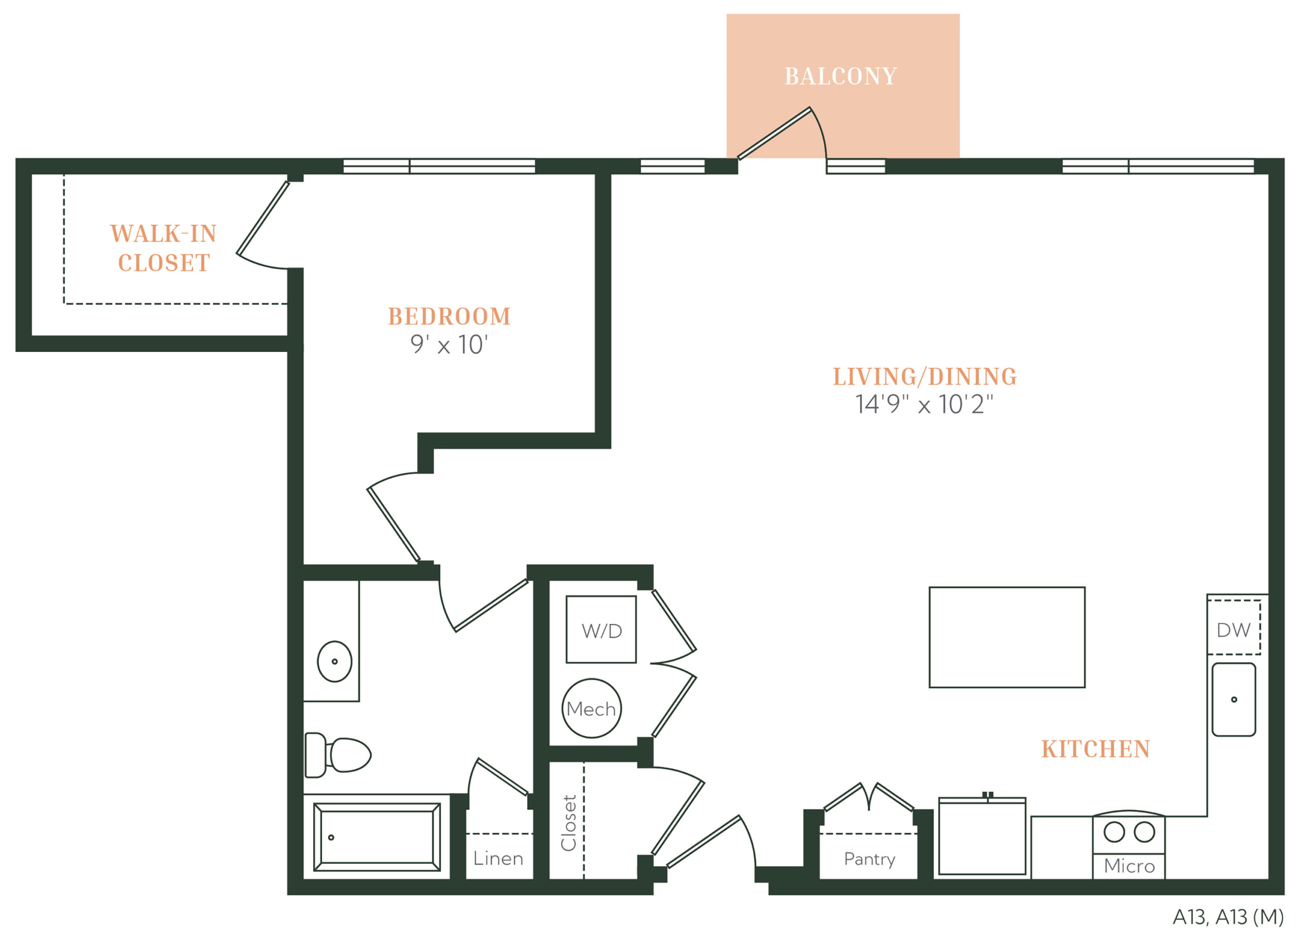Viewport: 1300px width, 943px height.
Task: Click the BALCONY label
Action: coord(841,76)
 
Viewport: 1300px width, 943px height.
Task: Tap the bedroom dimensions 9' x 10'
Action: coord(449,344)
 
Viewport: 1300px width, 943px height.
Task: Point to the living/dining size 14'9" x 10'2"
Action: coord(924,404)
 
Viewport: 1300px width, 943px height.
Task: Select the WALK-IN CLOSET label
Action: coord(164,248)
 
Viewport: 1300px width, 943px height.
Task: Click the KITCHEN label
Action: coord(1095,749)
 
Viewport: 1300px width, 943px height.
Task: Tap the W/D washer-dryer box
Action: coord(601,630)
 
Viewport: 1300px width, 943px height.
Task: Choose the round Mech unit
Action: coord(592,708)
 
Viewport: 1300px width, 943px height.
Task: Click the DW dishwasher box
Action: coord(1233,627)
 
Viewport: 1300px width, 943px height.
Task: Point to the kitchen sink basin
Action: coord(1234,699)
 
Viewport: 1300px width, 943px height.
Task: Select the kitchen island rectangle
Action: coord(1007,637)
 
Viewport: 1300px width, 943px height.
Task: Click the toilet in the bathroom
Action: coord(338,755)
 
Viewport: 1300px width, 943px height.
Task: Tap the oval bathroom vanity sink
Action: coord(335,662)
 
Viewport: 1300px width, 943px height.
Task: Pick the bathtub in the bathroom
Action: coord(377,837)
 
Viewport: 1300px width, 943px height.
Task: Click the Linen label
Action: coord(498,858)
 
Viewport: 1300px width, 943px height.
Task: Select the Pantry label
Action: coord(869,859)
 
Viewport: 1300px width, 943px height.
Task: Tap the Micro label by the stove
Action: coord(1129,866)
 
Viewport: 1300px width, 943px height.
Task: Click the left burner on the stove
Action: coord(1114,832)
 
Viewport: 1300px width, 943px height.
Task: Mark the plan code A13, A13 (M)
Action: coord(1228,917)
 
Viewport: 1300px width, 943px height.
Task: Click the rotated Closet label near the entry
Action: coord(569,823)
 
